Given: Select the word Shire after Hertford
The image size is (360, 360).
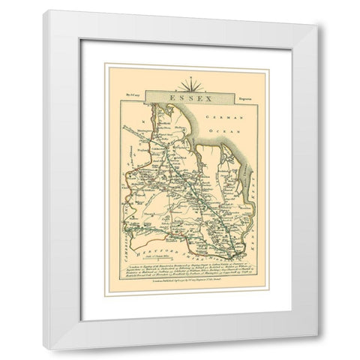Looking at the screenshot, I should [195, 235].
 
